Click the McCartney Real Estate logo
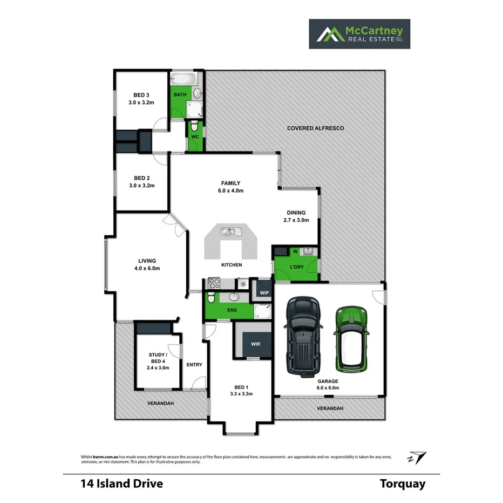point(359,34)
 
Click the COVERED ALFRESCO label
point(315,128)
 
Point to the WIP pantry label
point(264,293)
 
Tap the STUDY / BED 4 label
point(158,361)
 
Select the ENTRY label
point(194,365)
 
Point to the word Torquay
point(402,484)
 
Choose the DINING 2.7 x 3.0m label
point(296,216)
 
